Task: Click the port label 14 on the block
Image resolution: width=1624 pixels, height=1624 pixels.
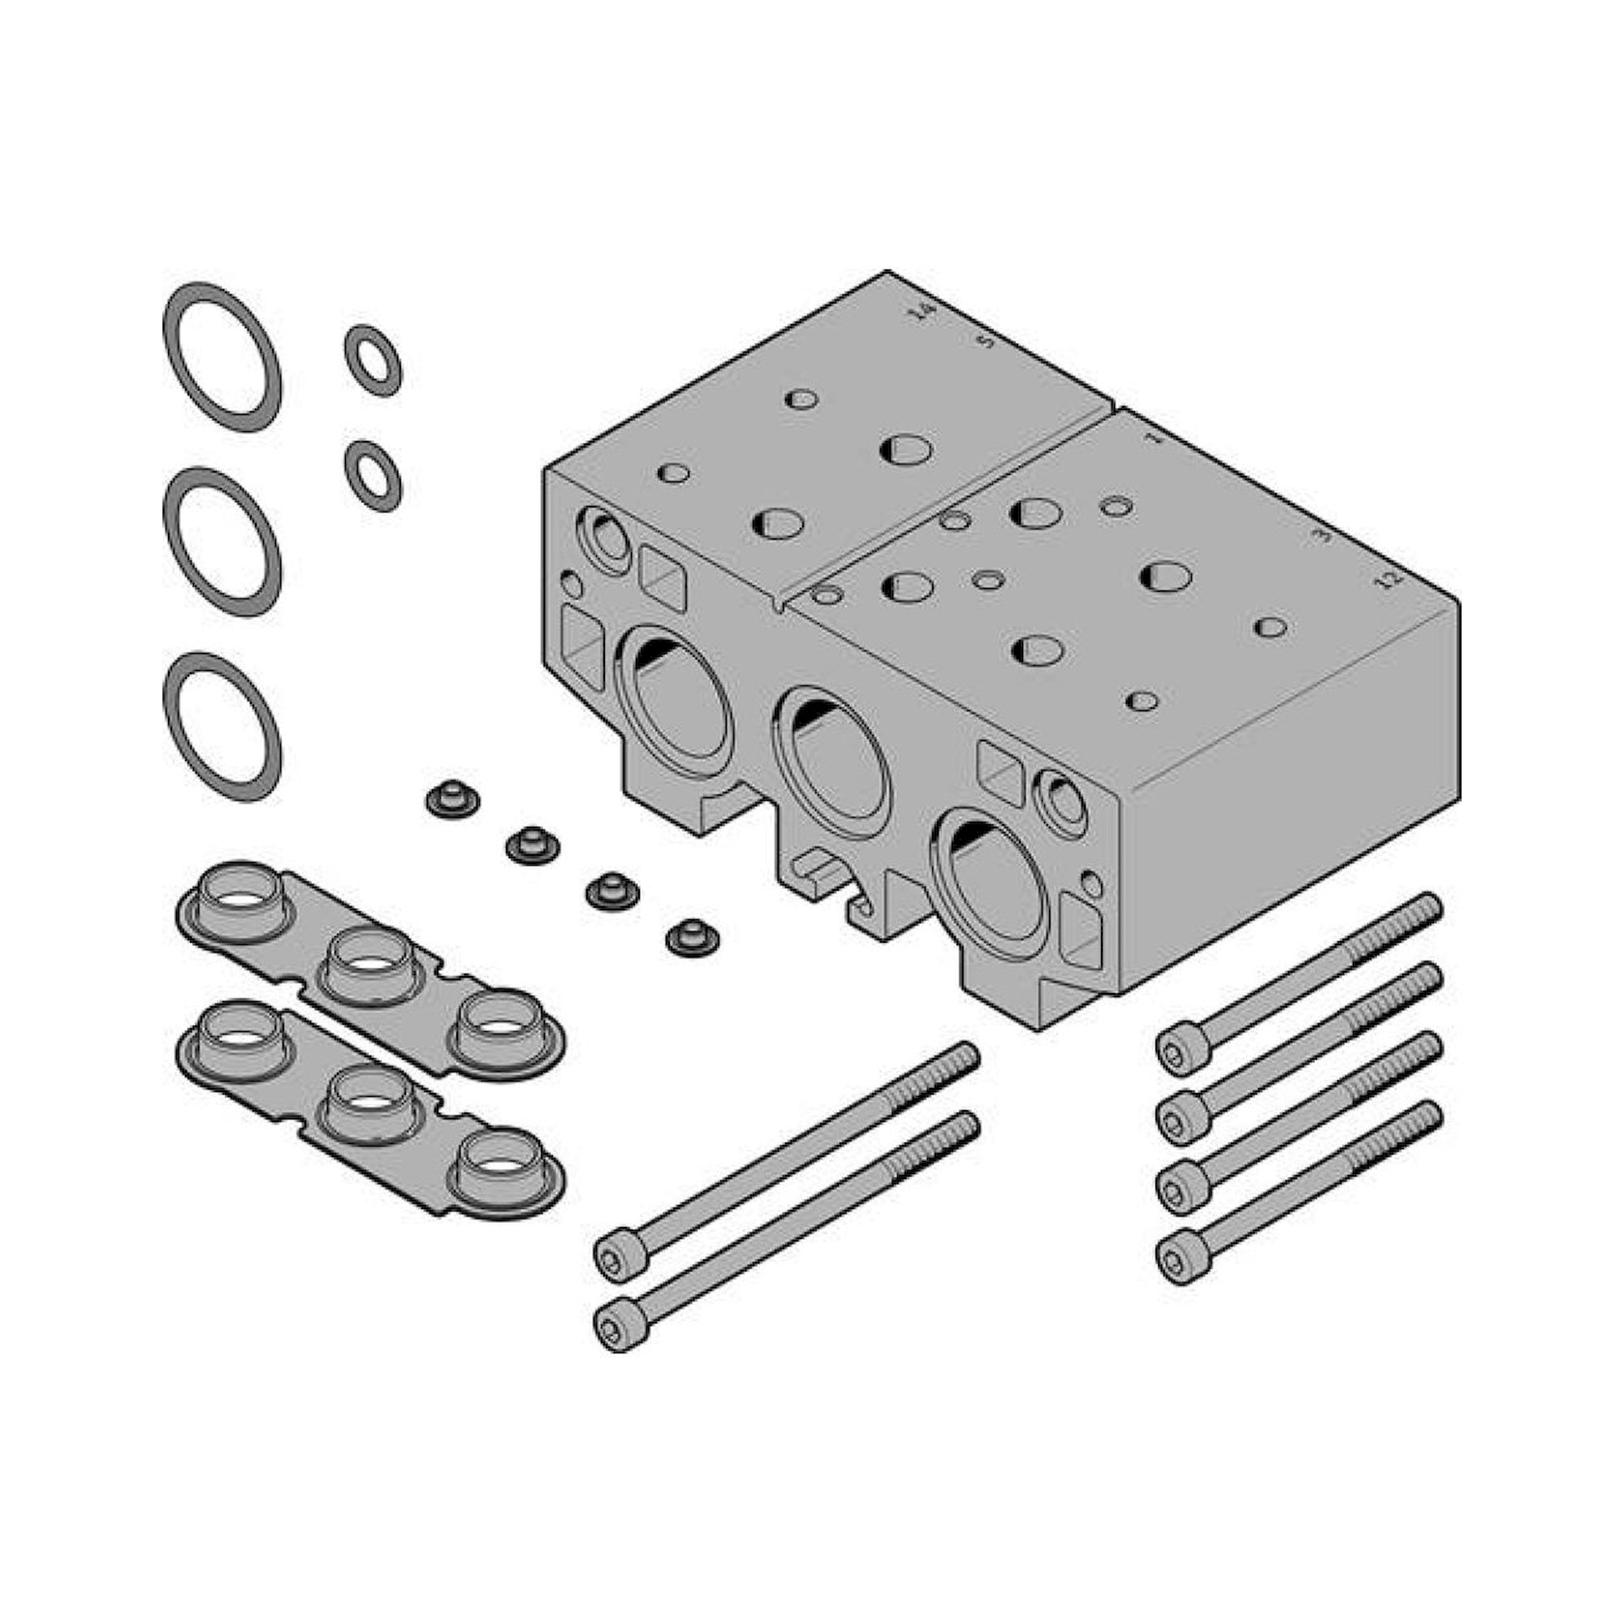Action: (x=924, y=312)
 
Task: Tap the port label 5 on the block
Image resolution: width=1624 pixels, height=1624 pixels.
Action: (x=987, y=340)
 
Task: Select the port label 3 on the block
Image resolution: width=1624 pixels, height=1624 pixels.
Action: (x=1324, y=533)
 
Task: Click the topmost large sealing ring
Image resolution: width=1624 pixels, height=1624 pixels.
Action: (x=222, y=356)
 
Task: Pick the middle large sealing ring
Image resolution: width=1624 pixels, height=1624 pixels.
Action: (x=222, y=542)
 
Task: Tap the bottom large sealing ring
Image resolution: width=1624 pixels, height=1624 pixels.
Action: (x=222, y=726)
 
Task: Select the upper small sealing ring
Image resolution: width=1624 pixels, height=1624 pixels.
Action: (x=373, y=361)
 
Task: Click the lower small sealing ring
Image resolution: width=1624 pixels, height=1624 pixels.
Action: (x=373, y=476)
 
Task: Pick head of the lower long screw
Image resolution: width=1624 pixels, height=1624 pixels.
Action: (x=621, y=1328)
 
